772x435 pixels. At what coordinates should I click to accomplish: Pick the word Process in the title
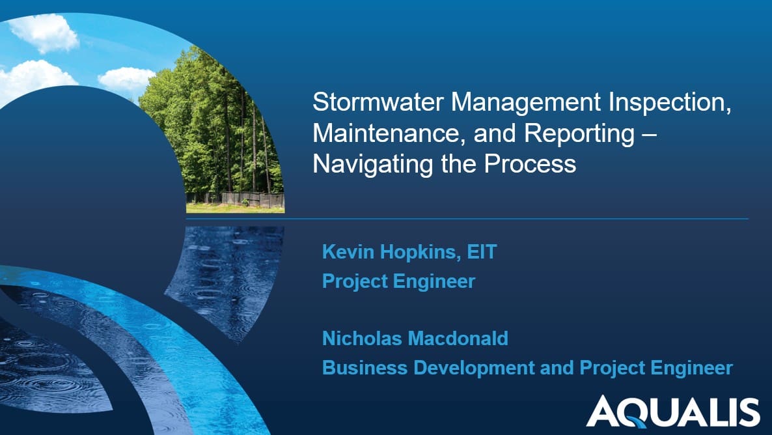[530, 164]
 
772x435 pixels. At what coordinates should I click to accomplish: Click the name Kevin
[348, 252]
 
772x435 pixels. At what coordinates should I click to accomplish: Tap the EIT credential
[482, 252]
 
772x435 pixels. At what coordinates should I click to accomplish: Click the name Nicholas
[362, 339]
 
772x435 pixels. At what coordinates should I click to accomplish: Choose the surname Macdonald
[458, 339]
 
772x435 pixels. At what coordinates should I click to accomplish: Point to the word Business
[365, 368]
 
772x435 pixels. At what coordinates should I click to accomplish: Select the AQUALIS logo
[672, 411]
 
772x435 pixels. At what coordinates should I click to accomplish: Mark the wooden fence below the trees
[236, 199]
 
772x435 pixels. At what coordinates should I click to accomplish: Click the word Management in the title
[526, 103]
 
